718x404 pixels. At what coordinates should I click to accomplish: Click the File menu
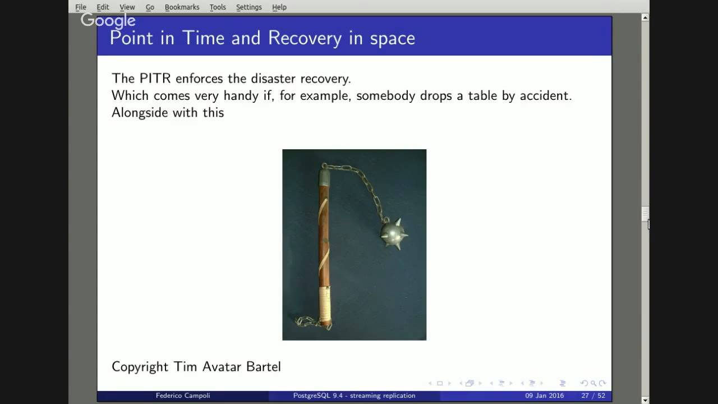(x=81, y=7)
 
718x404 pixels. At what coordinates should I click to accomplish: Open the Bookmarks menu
(x=182, y=7)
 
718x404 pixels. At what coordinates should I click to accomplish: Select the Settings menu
(x=248, y=7)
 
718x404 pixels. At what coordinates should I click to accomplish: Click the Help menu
(x=279, y=7)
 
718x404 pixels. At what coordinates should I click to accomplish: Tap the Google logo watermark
(x=108, y=21)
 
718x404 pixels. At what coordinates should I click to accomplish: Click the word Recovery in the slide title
(x=305, y=38)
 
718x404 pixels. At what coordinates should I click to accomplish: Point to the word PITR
(x=155, y=78)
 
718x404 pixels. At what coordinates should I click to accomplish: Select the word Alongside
(x=139, y=112)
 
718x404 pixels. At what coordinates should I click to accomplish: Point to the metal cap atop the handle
(x=325, y=177)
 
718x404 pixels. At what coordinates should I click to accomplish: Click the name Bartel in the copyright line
(x=263, y=367)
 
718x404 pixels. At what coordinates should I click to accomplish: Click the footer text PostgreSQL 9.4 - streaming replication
(x=354, y=396)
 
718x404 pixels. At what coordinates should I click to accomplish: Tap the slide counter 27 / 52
(x=593, y=396)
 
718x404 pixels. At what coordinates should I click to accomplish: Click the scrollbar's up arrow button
(x=645, y=17)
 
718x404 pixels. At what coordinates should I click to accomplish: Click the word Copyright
(x=140, y=367)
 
